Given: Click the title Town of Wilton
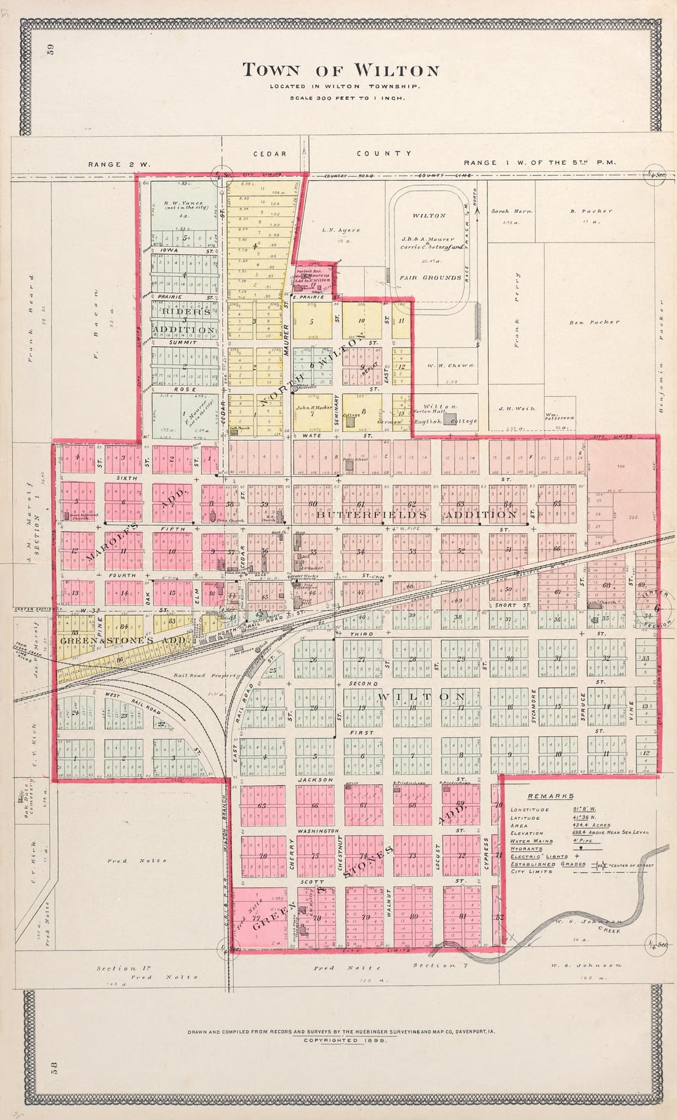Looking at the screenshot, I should tap(340, 70).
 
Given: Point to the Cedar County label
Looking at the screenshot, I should tap(333, 154).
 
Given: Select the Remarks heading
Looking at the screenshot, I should tap(542, 796).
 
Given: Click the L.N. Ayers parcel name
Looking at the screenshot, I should tap(340, 230).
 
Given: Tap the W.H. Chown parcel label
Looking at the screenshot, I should tap(451, 366).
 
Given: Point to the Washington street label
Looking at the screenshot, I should tap(318, 831).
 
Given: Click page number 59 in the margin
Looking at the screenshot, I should tap(52, 50).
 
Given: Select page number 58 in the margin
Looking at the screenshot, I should tap(52, 1078).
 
